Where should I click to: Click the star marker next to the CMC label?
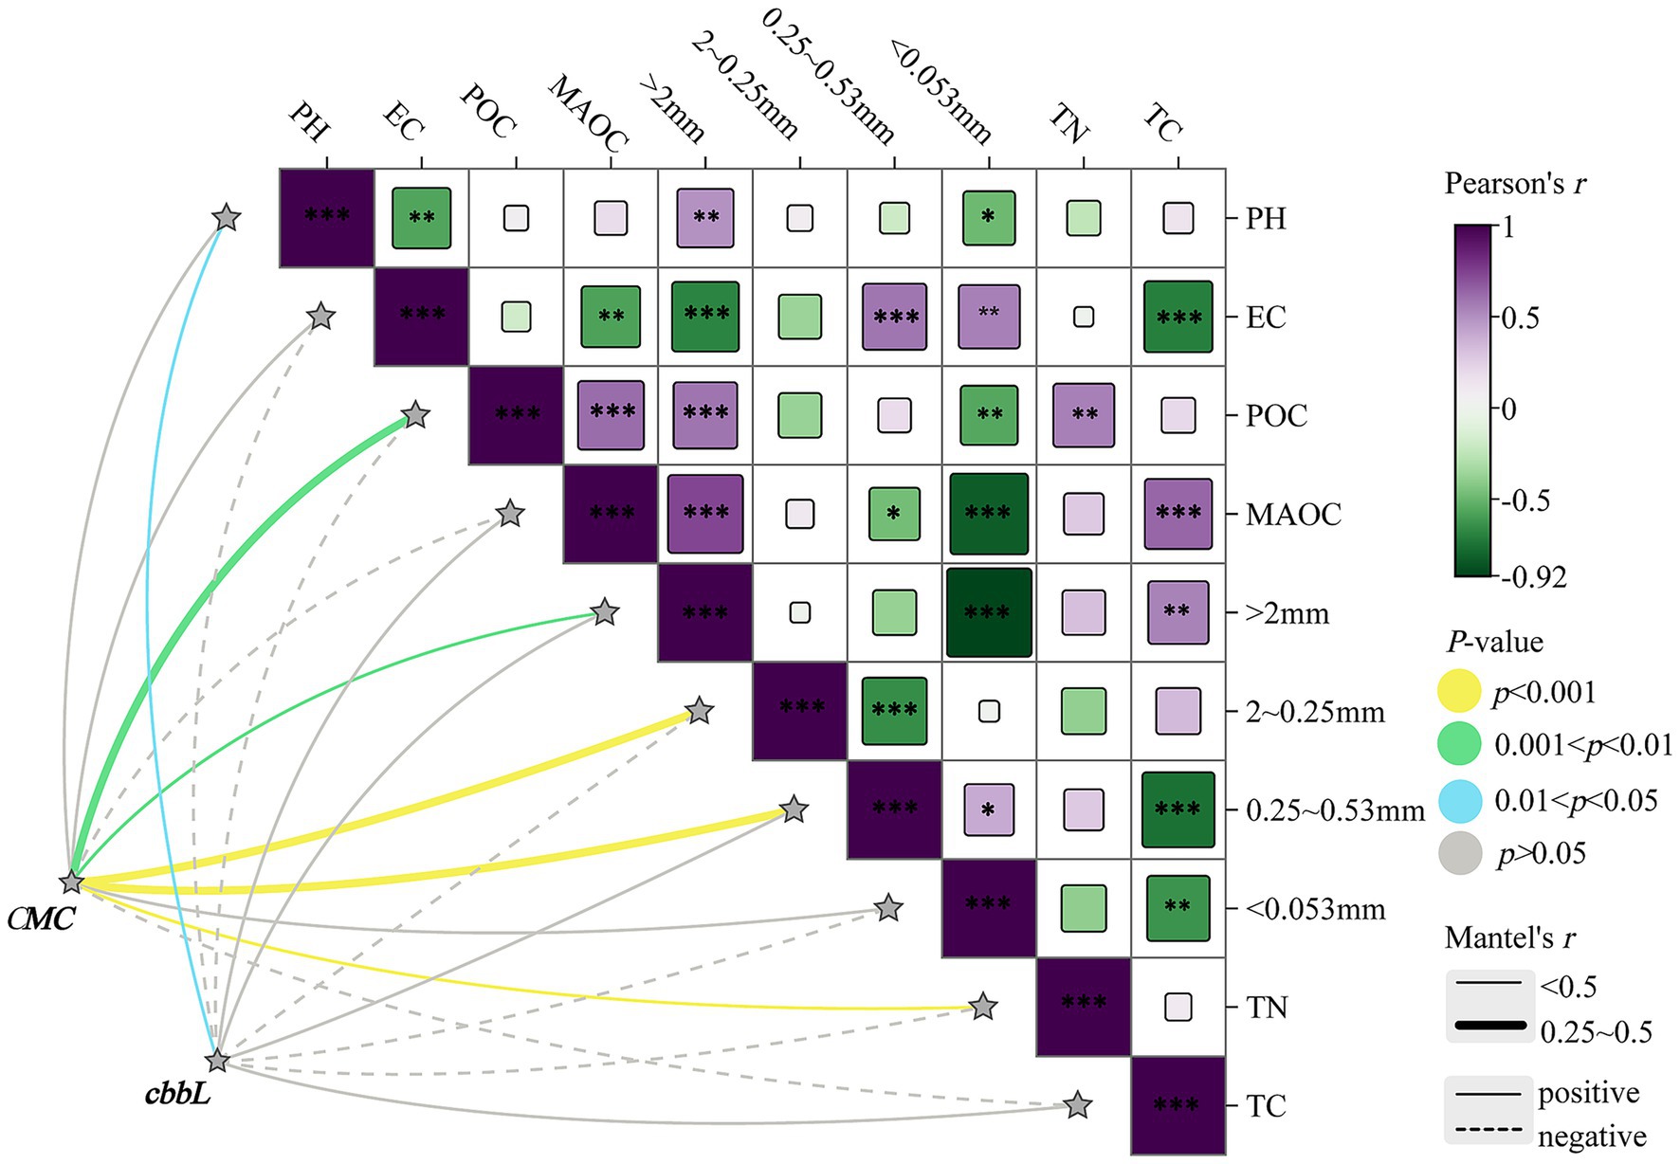point(71,882)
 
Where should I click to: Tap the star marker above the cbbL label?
point(218,1060)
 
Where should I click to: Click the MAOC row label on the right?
point(1293,515)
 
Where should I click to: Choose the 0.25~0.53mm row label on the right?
point(1335,810)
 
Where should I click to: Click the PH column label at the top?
point(308,120)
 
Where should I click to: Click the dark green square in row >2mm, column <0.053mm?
point(989,612)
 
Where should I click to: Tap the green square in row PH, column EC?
point(421,218)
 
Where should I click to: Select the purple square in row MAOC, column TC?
point(1178,514)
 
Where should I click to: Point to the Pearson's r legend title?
point(1514,183)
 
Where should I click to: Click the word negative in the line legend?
point(1591,1136)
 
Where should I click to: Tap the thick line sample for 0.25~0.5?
point(1488,1025)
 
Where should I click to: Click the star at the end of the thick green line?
point(415,415)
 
